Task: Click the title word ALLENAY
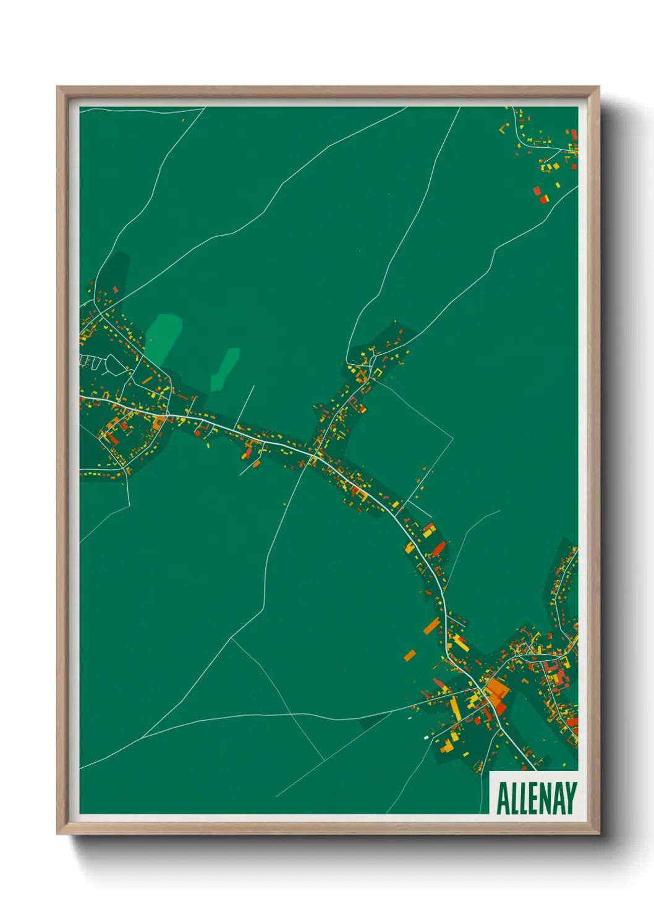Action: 536,798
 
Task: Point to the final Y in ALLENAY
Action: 571,798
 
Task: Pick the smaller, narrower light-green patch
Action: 225,369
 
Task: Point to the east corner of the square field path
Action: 453,438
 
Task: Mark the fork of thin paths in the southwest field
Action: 231,637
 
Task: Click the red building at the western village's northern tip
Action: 115,289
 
